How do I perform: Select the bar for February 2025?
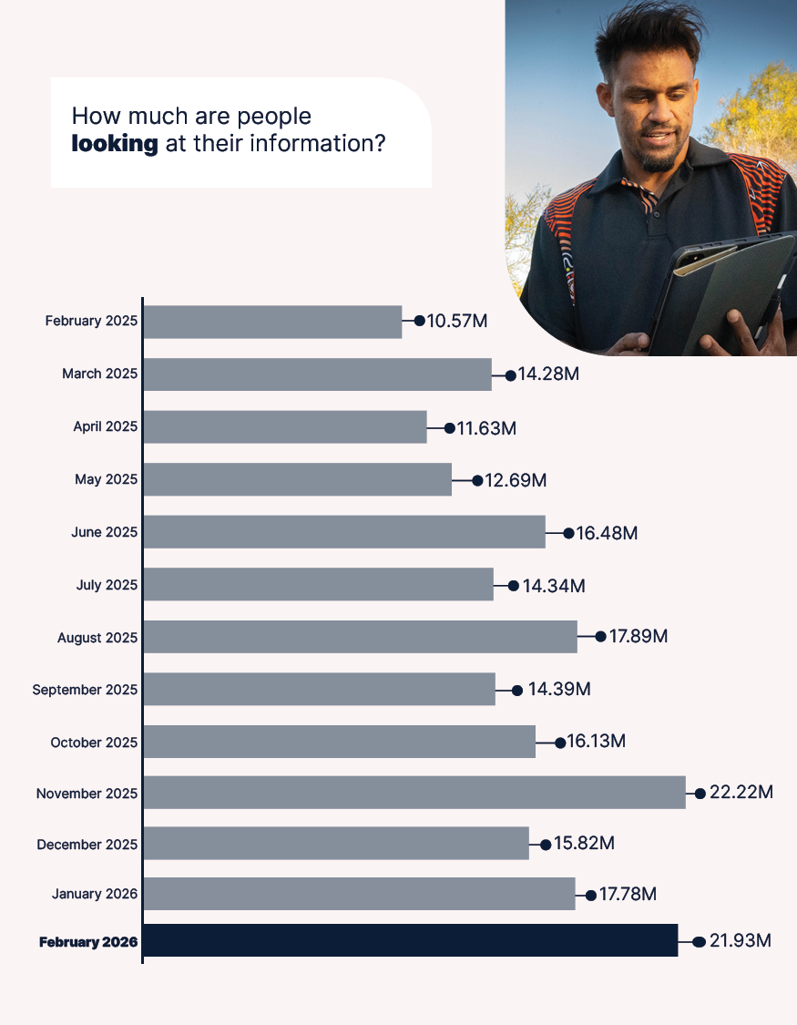tap(272, 322)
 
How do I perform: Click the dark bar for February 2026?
tap(410, 940)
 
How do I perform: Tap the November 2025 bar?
tap(414, 793)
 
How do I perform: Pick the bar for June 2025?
tap(343, 532)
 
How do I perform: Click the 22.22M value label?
tap(741, 793)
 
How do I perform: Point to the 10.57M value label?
tap(458, 322)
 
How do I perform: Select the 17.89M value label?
tap(639, 636)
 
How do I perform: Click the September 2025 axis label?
tap(85, 690)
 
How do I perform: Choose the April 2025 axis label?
tap(106, 426)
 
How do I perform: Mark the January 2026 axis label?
tap(95, 894)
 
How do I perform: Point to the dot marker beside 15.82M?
tap(546, 844)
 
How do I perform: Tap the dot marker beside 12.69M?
tap(477, 479)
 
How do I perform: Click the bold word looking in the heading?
tap(115, 144)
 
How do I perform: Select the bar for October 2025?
tap(339, 742)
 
